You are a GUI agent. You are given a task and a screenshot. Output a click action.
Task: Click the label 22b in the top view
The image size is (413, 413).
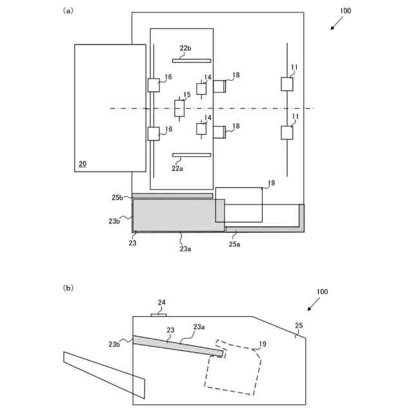pos(186,48)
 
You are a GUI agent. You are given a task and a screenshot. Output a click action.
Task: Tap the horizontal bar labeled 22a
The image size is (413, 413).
pos(192,155)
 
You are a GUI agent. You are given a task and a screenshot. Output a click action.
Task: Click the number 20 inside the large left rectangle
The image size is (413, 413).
pos(82,164)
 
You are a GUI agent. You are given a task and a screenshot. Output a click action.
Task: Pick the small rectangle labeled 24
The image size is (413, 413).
pos(159,314)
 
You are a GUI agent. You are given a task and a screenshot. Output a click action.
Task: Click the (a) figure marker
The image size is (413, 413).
pos(68,11)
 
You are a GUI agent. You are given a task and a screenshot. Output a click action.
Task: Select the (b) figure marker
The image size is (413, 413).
pos(68,287)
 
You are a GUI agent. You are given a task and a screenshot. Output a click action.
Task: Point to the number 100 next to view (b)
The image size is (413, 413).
pos(322,292)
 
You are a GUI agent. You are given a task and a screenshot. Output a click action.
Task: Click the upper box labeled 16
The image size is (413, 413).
pos(154,85)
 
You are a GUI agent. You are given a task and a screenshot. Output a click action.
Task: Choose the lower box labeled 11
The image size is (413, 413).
pos(287,132)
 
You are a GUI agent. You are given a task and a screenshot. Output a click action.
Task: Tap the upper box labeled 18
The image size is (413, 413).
pos(219,86)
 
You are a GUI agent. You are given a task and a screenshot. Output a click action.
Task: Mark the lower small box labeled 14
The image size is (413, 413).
pos(201,129)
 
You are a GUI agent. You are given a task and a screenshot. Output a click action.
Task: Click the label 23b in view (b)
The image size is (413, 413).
pos(115,344)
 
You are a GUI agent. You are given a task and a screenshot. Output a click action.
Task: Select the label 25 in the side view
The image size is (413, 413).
pos(298,326)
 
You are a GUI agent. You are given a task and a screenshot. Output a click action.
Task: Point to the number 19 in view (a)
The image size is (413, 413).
pos(271,183)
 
